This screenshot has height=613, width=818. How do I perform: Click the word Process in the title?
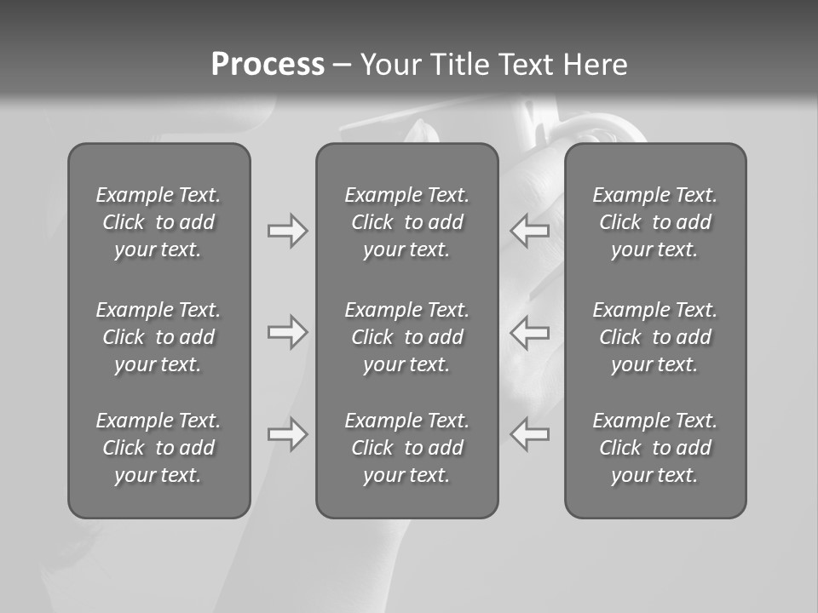pos(268,65)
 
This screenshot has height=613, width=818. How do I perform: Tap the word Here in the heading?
pos(596,65)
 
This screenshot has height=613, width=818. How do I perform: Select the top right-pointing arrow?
pos(287,231)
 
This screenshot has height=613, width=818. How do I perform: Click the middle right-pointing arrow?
pos(287,332)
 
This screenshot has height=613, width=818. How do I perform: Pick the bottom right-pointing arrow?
pos(287,434)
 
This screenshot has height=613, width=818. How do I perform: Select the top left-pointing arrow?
pos(529,231)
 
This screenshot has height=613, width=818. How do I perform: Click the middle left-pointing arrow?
pos(529,332)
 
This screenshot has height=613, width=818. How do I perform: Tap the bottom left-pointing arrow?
pos(529,434)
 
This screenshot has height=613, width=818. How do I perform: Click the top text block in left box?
pos(158,222)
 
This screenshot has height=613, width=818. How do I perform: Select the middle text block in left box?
pos(158,337)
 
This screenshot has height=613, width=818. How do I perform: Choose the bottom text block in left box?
pos(158,448)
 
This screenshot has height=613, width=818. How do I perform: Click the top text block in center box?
pos(406,222)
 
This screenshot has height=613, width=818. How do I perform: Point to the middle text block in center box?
pos(406,337)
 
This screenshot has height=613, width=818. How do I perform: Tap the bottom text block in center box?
pos(406,448)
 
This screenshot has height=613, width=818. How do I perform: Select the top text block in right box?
pos(654,222)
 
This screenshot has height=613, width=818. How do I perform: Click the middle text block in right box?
pos(654,337)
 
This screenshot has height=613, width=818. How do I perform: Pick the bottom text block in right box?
pos(654,448)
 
